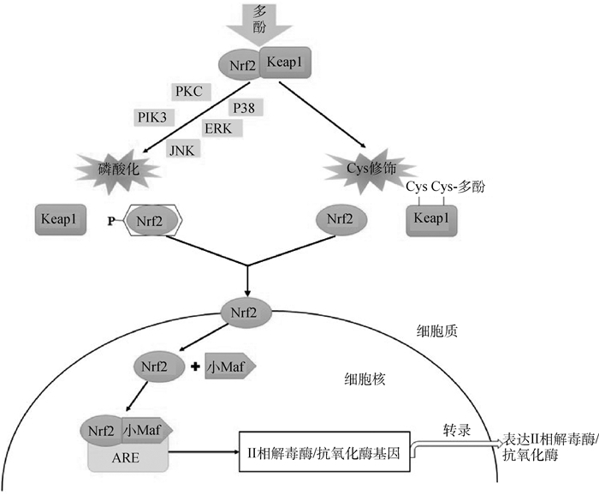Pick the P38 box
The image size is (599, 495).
(x=245, y=107)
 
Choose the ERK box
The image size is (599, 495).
(x=219, y=128)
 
